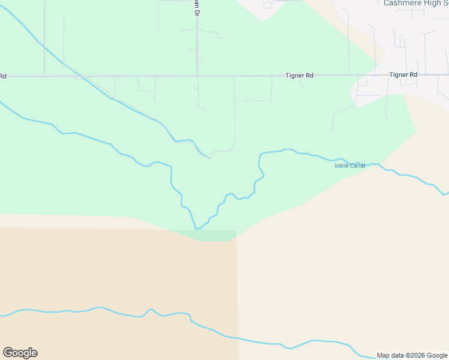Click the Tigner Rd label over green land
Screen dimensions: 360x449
(x=300, y=76)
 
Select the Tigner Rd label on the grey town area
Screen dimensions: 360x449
(x=403, y=74)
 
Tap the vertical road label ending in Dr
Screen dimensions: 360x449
(x=194, y=8)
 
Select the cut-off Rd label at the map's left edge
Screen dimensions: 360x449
(x=3, y=76)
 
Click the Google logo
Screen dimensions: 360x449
(x=20, y=353)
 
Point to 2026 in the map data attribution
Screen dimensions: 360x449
(x=415, y=356)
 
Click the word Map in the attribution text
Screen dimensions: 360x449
(x=383, y=356)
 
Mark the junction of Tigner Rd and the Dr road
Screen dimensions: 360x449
(x=197, y=76)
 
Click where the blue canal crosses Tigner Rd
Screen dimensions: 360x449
(x=78, y=77)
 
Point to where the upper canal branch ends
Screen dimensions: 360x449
(x=209, y=158)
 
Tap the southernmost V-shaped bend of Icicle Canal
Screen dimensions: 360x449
(x=197, y=229)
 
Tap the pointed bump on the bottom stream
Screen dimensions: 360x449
(x=150, y=310)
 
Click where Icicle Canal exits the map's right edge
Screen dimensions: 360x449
(x=446, y=194)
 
